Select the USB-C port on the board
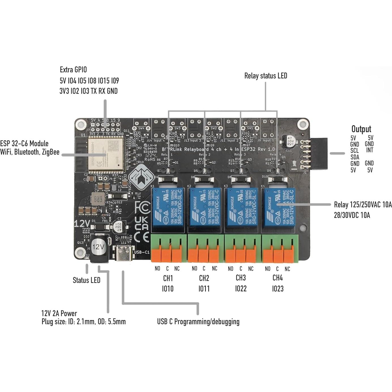click(x=124, y=254)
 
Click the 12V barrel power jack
click(x=98, y=247)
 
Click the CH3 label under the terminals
click(x=241, y=278)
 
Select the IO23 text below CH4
click(x=278, y=289)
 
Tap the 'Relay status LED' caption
click(x=265, y=76)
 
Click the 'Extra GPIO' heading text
click(x=73, y=70)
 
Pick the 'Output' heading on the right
click(x=361, y=129)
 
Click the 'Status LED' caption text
click(x=86, y=280)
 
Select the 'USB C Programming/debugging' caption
click(x=198, y=322)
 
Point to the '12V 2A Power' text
click(x=59, y=313)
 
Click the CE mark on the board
click(x=142, y=237)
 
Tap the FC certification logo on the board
click(x=142, y=207)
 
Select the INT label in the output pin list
click(x=370, y=150)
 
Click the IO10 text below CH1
click(x=168, y=289)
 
